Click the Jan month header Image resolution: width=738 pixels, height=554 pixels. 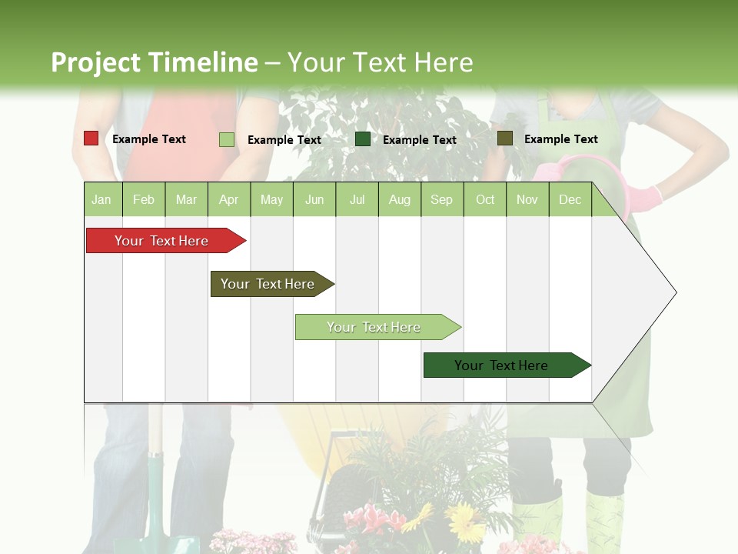101,199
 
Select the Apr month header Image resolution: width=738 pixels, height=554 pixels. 228,199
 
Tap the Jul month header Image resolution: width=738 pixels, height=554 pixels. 357,199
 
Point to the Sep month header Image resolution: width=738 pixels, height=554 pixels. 441,199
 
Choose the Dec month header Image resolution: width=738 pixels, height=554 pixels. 570,199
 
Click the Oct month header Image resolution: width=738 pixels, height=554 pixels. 485,199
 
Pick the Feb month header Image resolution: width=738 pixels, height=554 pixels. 144,199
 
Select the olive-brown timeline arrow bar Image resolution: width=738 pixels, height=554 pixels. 270,284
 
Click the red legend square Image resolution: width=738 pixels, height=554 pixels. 91,138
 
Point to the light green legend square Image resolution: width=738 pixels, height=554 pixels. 226,139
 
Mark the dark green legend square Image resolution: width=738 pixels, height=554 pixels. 363,139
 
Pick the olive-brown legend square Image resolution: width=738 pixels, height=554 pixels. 504,138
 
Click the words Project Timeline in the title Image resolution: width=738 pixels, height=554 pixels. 154,62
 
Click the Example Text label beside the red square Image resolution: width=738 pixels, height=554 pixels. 149,139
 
